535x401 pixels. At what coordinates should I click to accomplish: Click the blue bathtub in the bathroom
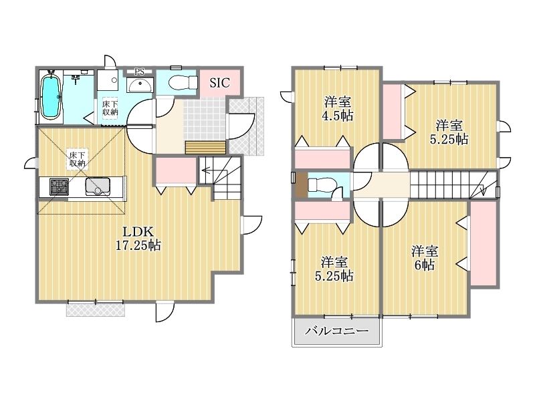[51, 97]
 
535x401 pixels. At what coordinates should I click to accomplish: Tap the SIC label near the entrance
[220, 83]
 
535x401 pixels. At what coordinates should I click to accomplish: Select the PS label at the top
[139, 72]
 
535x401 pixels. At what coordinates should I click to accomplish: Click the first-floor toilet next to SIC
[183, 82]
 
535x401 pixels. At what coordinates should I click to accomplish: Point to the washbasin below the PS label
[140, 85]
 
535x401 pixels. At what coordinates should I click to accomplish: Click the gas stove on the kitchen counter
[59, 186]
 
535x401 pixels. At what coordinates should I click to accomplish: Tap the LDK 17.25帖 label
[138, 239]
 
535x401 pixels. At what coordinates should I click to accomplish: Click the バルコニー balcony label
[337, 331]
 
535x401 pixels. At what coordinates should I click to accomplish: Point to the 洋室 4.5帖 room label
[338, 109]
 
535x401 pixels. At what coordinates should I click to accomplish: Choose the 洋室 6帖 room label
[425, 258]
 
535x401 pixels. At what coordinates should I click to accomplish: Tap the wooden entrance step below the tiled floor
[206, 148]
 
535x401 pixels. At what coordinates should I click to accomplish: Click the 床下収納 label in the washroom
[110, 108]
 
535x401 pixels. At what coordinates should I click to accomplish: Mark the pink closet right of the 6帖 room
[484, 243]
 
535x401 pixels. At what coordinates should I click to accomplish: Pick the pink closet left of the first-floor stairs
[176, 171]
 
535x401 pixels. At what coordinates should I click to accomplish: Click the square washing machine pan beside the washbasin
[108, 80]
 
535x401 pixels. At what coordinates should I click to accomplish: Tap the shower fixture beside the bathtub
[76, 78]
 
